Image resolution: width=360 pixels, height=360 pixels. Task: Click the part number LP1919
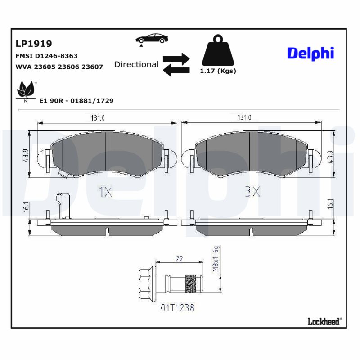pyautogui.click(x=34, y=44)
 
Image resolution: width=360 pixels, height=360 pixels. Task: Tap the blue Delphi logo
pyautogui.click(x=310, y=53)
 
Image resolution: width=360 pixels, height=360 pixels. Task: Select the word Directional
pyautogui.click(x=136, y=64)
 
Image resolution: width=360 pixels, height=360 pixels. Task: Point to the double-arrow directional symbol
pyautogui.click(x=176, y=64)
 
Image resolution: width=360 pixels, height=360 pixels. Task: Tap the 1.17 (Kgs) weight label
pyautogui.click(x=218, y=71)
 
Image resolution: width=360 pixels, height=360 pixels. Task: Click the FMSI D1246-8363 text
pyautogui.click(x=47, y=56)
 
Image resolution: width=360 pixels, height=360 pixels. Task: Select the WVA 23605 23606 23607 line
pyautogui.click(x=59, y=67)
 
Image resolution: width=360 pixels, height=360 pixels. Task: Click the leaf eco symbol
pyautogui.click(x=25, y=90)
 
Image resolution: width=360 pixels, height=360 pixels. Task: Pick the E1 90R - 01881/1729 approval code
pyautogui.click(x=76, y=101)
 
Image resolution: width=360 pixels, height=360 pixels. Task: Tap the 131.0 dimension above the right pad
pyautogui.click(x=244, y=118)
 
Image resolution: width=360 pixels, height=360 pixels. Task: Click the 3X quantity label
pyautogui.click(x=252, y=192)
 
